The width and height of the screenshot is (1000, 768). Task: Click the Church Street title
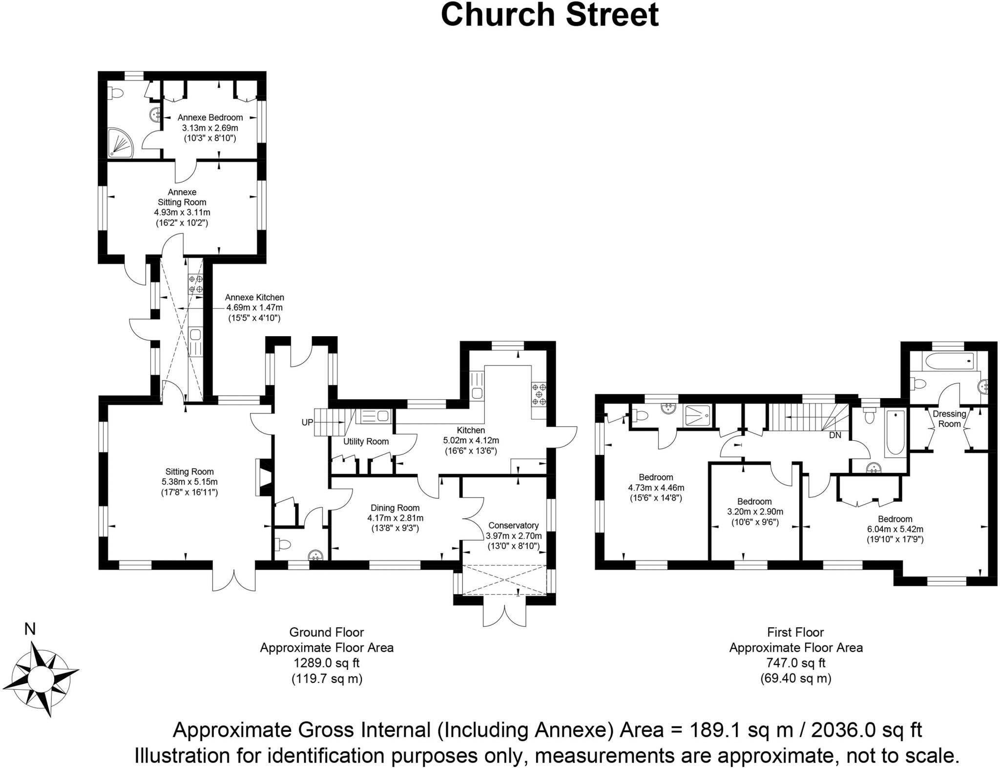point(549,15)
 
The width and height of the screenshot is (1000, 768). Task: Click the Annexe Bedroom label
point(210,118)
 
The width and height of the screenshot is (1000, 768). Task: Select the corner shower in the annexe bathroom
point(120,143)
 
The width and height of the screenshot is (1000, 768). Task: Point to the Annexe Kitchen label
point(254,298)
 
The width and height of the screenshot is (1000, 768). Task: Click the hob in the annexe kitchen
point(196,284)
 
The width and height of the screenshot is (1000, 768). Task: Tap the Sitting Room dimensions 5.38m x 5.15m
point(189,482)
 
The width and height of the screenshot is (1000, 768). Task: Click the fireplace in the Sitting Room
point(263,478)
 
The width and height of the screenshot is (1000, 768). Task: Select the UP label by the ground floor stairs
point(307,422)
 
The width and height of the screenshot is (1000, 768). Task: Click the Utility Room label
point(366,442)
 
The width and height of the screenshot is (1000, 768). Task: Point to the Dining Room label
point(395,508)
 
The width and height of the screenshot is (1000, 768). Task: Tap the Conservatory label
point(513,526)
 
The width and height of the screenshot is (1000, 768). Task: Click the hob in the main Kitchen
point(540,394)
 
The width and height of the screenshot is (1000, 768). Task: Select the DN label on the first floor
point(835,435)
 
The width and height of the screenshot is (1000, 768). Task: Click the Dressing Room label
point(949,419)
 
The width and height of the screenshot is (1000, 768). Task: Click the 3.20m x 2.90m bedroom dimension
point(754,512)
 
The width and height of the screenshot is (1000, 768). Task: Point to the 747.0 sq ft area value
point(795,663)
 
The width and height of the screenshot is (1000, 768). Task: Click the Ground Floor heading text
point(326,632)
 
